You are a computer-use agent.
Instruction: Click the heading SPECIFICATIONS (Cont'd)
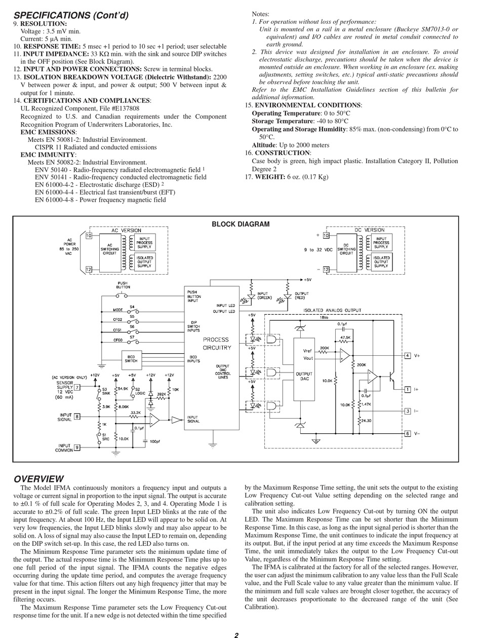click(x=71, y=15)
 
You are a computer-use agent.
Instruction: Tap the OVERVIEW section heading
click(x=39, y=479)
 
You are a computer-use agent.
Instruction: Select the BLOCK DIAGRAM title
click(x=240, y=224)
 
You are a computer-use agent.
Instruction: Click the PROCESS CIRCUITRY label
click(x=216, y=344)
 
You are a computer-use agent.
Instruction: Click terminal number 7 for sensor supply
click(x=77, y=388)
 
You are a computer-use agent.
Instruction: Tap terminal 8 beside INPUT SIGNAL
click(x=77, y=417)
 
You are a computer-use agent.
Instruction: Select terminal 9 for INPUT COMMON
click(x=77, y=447)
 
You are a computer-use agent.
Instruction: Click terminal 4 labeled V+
click(x=408, y=356)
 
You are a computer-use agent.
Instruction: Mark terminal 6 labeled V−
click(x=408, y=434)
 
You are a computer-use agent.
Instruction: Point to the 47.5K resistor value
click(x=345, y=337)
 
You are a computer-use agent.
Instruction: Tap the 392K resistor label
click(x=162, y=393)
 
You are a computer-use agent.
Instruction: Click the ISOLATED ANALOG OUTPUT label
click(x=333, y=310)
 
